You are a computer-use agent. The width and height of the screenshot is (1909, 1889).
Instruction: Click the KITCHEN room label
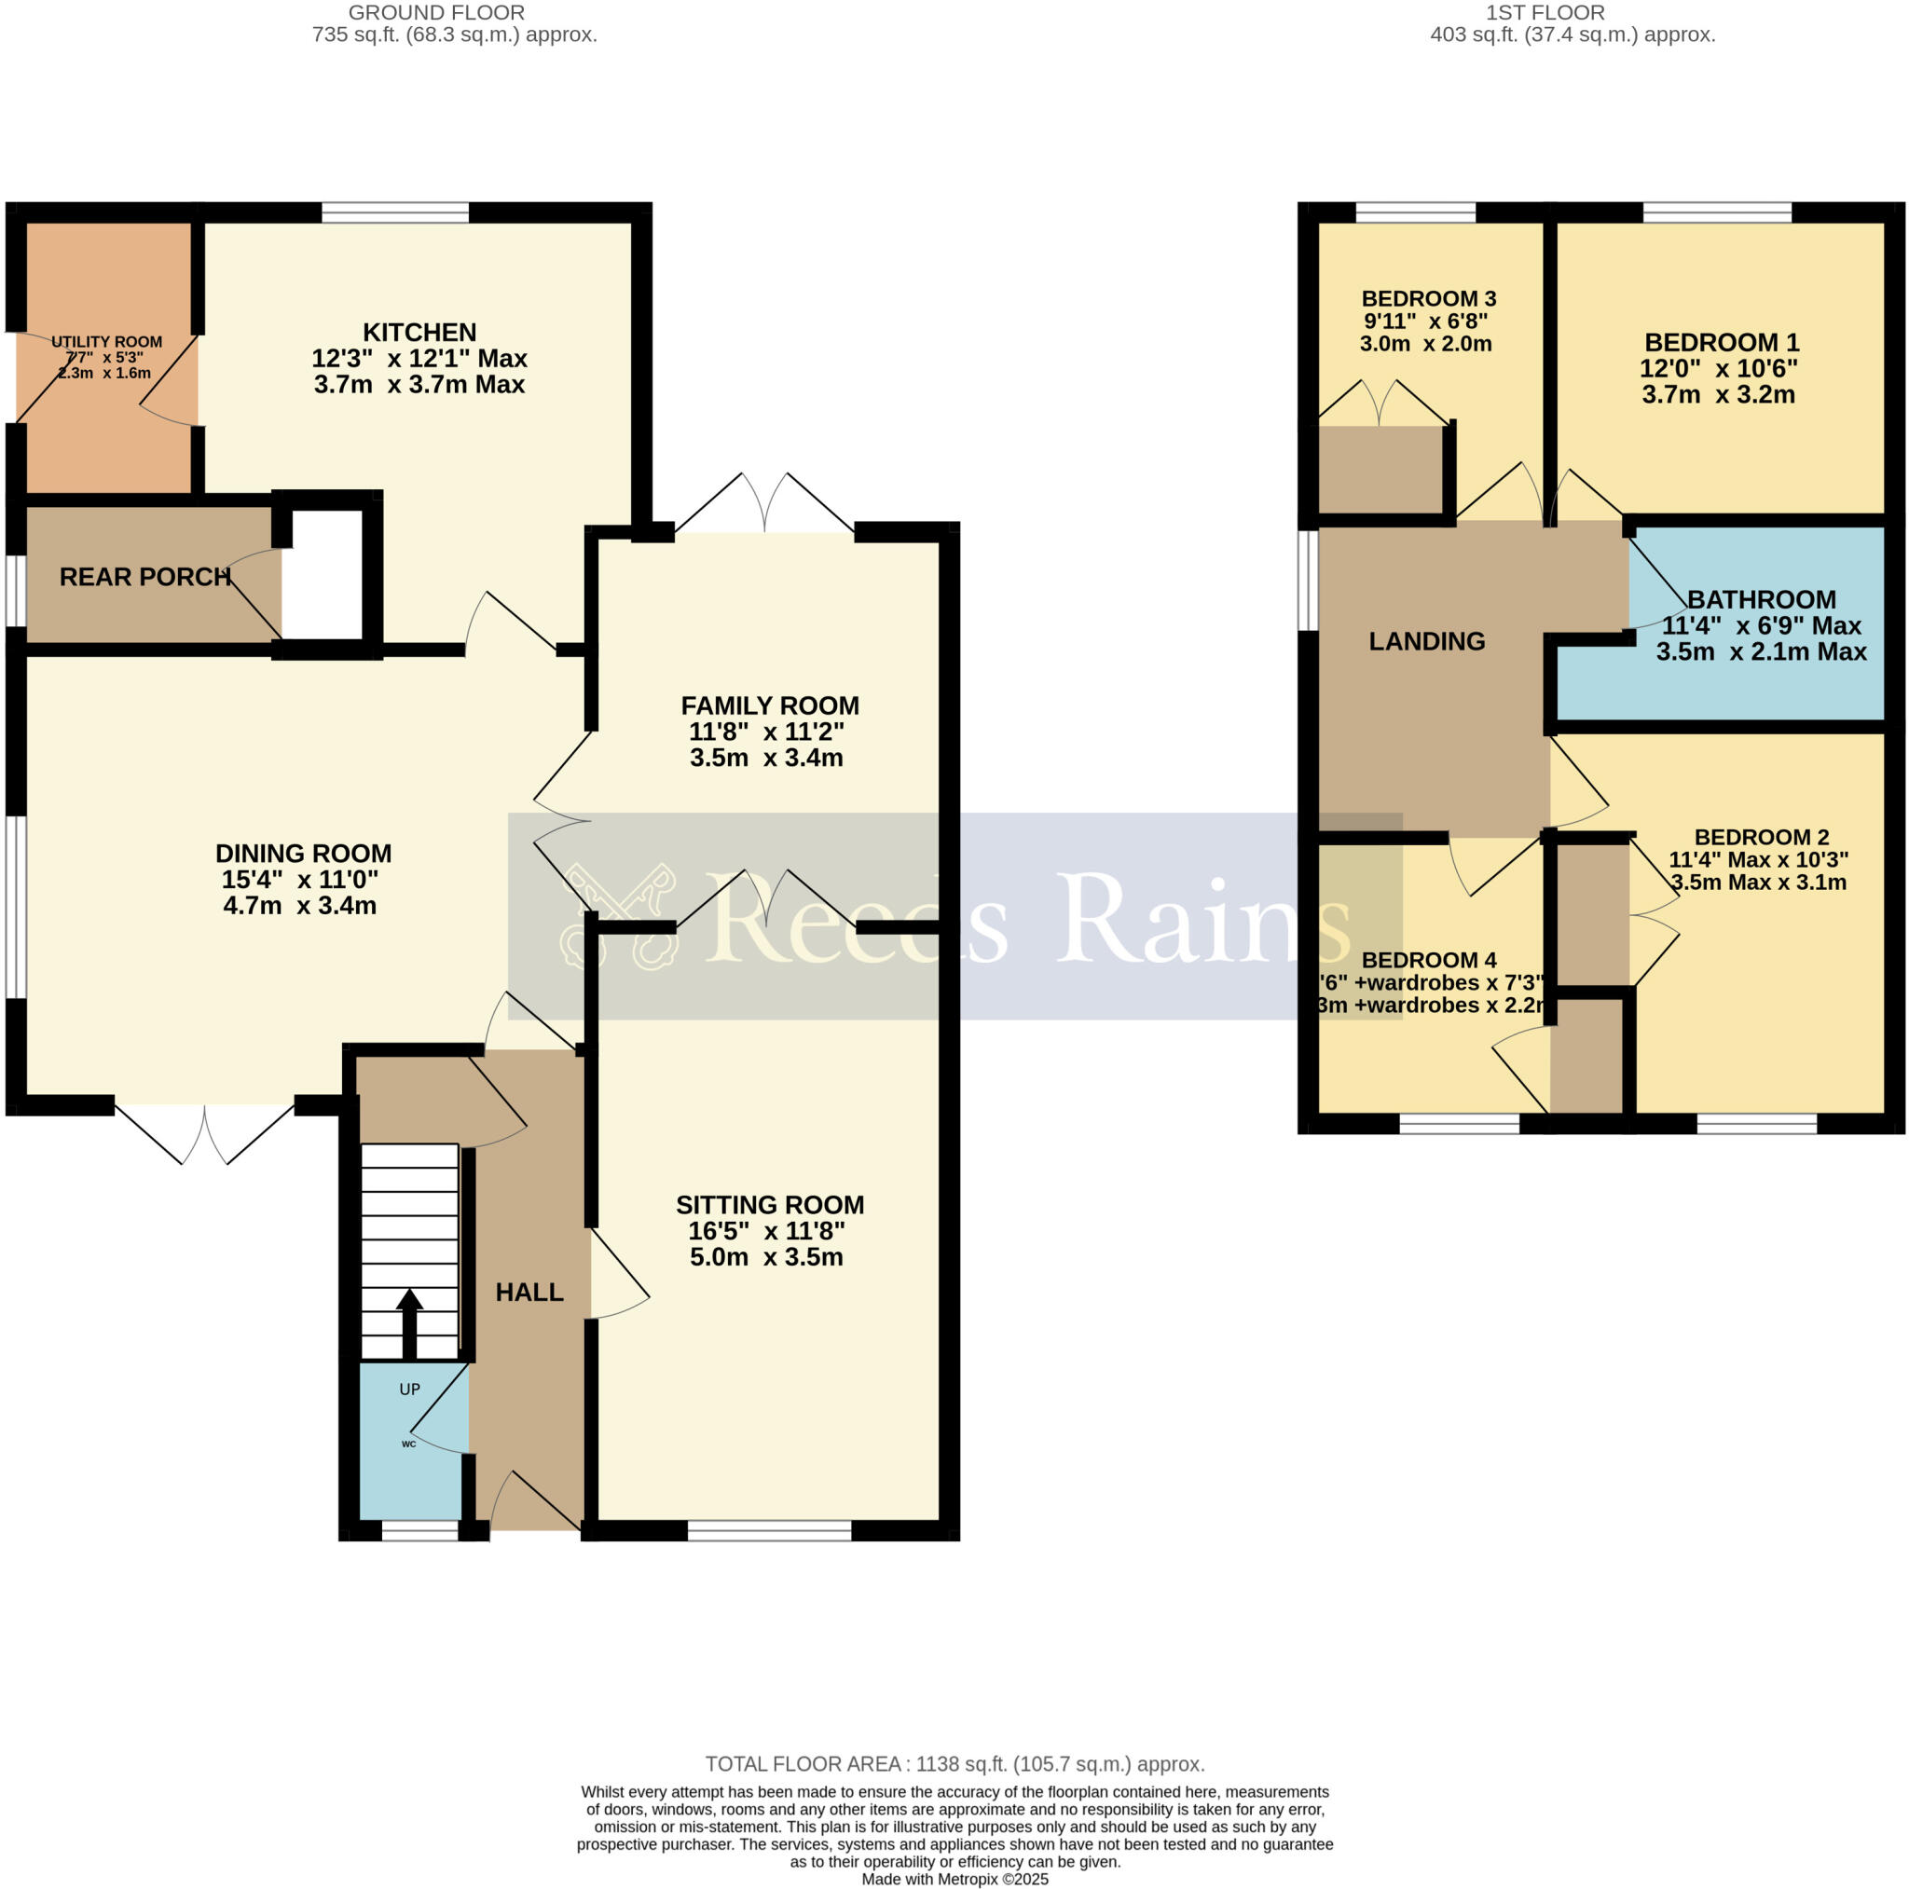click(x=419, y=333)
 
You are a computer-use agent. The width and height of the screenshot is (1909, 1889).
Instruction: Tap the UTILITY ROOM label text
click(x=106, y=342)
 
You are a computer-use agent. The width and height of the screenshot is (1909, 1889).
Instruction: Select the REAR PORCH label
click(x=144, y=577)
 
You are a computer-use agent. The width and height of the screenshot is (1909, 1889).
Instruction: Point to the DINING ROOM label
click(x=303, y=854)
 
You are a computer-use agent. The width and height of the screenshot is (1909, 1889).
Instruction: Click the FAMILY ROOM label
click(x=770, y=705)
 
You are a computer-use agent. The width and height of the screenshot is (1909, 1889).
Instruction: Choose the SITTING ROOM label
click(x=770, y=1204)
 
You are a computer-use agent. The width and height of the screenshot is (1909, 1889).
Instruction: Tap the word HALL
click(x=529, y=1292)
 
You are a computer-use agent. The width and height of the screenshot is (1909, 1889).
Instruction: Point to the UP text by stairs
click(x=409, y=1389)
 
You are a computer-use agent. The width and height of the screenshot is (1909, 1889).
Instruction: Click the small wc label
click(x=408, y=1444)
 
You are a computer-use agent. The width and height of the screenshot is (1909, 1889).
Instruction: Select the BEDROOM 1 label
click(x=1722, y=343)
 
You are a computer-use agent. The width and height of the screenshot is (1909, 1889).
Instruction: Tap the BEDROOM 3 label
click(x=1428, y=298)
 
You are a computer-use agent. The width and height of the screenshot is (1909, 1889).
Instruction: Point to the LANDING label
click(x=1426, y=641)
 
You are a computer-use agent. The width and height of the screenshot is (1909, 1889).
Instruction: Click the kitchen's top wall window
click(x=395, y=212)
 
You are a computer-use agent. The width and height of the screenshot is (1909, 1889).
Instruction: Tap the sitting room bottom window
click(x=769, y=1530)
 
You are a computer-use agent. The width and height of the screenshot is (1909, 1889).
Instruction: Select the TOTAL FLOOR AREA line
click(x=954, y=1764)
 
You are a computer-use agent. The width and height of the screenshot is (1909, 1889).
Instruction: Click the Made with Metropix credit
click(x=954, y=1879)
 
